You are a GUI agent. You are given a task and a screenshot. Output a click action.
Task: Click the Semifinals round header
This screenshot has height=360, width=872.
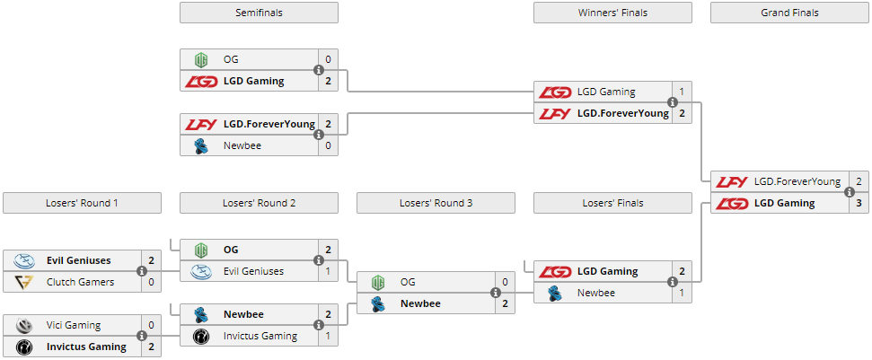(259, 13)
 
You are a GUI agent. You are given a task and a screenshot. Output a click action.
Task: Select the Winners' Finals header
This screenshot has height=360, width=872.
(612, 13)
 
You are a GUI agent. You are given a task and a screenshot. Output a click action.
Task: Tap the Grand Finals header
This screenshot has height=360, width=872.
(789, 13)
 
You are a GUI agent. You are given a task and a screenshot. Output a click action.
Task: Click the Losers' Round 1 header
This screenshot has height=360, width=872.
(82, 203)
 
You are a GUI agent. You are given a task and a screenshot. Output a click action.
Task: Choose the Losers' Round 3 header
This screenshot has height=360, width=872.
(436, 203)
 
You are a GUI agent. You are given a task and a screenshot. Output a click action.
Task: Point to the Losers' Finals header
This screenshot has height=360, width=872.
(612, 203)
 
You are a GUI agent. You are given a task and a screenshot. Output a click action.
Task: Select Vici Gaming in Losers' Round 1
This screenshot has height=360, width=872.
(74, 325)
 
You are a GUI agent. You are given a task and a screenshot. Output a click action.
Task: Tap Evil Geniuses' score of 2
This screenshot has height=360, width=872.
(151, 260)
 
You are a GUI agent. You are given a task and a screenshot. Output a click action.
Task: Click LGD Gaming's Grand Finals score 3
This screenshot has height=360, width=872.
(859, 203)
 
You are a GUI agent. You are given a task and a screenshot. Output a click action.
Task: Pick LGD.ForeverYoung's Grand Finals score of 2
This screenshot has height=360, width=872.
(859, 181)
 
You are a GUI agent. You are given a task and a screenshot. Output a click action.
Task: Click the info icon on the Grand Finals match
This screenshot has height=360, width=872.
(849, 192)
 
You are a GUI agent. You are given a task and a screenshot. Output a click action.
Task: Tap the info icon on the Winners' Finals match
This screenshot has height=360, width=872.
(672, 102)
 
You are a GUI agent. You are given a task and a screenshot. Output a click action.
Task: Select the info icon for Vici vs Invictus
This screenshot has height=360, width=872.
(141, 336)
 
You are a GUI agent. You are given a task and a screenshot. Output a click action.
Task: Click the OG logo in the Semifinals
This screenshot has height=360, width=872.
(201, 59)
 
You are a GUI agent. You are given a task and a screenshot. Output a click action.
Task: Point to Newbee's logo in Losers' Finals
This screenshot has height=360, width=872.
(555, 293)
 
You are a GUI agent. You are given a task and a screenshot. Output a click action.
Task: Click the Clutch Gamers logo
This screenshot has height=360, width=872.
(24, 282)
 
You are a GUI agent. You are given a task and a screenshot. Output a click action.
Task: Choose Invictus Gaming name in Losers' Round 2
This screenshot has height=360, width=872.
(260, 336)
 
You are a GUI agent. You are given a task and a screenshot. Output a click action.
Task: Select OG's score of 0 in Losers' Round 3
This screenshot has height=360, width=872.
(505, 282)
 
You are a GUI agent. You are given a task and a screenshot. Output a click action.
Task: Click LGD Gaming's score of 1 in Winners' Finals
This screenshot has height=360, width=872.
(682, 92)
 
